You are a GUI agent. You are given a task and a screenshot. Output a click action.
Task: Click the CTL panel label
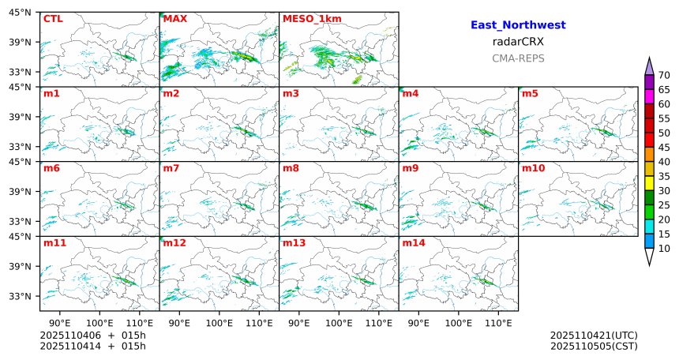coord(52,18)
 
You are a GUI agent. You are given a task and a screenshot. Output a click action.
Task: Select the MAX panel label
coord(174,18)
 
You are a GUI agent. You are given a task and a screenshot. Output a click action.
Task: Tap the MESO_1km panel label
coord(306,18)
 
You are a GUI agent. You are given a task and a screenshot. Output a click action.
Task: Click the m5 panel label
coord(530,94)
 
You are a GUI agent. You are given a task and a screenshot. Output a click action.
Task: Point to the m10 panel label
coord(533,168)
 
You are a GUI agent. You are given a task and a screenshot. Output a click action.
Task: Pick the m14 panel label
coord(414,243)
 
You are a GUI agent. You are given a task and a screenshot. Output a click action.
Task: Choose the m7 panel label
coord(171,168)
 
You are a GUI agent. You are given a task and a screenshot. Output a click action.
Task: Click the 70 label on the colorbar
coord(664,75)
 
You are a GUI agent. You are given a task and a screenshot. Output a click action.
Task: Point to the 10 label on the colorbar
coord(664,249)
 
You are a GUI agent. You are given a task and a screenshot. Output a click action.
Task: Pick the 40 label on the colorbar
coord(664,162)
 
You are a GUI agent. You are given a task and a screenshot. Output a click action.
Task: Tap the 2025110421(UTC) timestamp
coord(594,336)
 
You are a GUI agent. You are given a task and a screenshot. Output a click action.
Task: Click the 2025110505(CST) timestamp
coord(594,346)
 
